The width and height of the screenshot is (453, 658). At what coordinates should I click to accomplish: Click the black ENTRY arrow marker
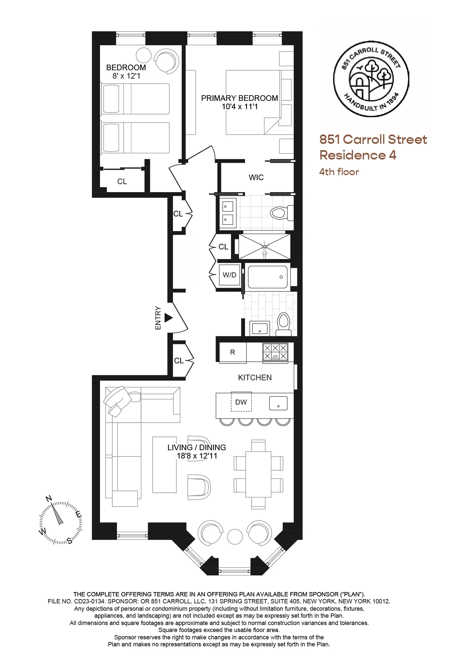point(168,318)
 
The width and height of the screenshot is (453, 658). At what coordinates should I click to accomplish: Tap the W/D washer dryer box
point(229,275)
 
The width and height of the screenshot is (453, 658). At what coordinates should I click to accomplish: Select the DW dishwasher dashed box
point(241,402)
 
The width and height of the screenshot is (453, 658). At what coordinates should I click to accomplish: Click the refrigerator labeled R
point(233,352)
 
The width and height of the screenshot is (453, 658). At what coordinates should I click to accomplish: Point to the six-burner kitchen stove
point(275,352)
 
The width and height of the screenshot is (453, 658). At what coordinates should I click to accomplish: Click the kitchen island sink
point(278,403)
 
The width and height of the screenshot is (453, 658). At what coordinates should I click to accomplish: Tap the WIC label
point(256,177)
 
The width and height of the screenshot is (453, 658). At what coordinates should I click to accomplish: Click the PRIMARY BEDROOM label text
point(239,98)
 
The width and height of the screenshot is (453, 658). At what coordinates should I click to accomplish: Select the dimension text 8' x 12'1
point(126,76)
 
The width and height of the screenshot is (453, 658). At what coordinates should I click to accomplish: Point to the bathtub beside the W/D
point(267,277)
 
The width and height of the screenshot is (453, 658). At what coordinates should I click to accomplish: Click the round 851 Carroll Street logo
point(371,79)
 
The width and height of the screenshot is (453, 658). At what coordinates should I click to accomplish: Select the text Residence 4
point(358,155)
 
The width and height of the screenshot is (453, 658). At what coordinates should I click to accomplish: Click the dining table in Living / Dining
point(258,474)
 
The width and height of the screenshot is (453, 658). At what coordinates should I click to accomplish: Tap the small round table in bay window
point(235,537)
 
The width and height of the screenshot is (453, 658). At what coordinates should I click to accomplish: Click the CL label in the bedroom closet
point(122,181)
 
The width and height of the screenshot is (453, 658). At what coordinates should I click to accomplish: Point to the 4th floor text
point(339,172)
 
